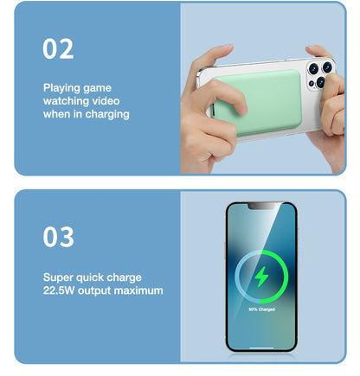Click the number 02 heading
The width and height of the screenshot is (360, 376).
point(58,49)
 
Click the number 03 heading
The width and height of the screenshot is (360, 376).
point(58,236)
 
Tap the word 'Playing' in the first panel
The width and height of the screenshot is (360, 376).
point(64,87)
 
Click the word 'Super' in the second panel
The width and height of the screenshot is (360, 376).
point(60,277)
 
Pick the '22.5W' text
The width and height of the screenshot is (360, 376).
point(61,290)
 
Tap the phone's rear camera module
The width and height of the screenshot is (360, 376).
point(318,73)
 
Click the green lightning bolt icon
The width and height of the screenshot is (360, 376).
point(260,277)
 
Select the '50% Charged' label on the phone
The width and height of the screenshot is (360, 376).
point(260,309)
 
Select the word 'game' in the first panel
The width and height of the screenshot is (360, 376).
point(99,87)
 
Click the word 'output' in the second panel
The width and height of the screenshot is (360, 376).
point(96,290)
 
